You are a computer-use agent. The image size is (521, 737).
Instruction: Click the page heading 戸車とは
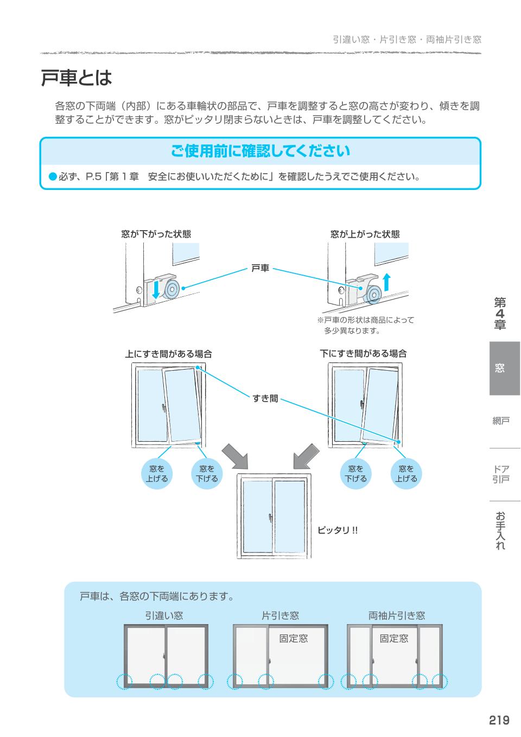(77, 78)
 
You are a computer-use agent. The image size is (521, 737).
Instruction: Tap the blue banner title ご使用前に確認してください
(260, 151)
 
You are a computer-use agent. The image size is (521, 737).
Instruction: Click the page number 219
(498, 720)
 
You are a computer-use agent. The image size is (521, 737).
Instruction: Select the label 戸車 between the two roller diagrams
(260, 268)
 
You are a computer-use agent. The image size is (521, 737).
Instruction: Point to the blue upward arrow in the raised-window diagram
(386, 283)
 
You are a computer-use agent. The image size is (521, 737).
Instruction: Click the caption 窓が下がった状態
(156, 234)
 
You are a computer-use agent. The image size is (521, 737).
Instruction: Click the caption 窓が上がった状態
(365, 234)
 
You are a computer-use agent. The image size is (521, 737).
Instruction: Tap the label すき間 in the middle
(265, 399)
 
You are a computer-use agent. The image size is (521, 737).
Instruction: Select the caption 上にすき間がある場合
(168, 354)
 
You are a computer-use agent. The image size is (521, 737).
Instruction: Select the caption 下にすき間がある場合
(363, 354)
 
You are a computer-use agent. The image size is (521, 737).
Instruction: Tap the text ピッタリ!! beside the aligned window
(338, 530)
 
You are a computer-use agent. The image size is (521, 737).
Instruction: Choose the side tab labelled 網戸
(501, 421)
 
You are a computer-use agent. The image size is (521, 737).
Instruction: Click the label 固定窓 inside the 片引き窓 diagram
(293, 639)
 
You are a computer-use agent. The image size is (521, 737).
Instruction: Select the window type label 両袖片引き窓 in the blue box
(397, 615)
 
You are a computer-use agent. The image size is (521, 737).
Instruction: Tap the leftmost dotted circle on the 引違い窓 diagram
(124, 682)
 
